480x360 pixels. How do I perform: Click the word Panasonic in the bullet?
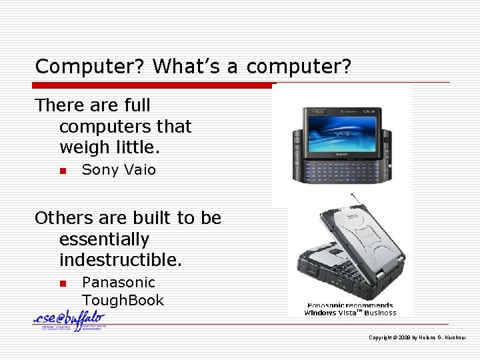118,283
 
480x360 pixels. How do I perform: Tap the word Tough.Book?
123,301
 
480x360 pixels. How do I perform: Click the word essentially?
104,239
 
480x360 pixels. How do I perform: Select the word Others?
63,219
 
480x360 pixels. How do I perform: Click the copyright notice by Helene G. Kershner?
417,338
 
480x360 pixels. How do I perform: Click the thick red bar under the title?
153,85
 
